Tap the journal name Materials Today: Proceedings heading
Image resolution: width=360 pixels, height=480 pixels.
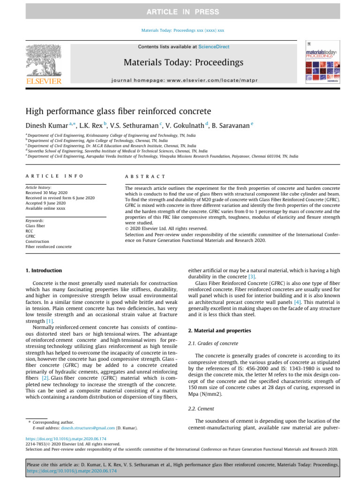pos(183,62)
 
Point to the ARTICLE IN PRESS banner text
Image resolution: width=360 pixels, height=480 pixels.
pos(180,11)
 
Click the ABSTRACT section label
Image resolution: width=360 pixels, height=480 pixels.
pos(145,176)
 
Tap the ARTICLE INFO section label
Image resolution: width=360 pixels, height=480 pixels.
pos(54,176)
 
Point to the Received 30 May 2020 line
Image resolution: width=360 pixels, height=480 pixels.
pos(47,192)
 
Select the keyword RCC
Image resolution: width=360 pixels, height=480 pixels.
pos(30,231)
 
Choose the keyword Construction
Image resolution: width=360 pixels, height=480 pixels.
pos(37,241)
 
